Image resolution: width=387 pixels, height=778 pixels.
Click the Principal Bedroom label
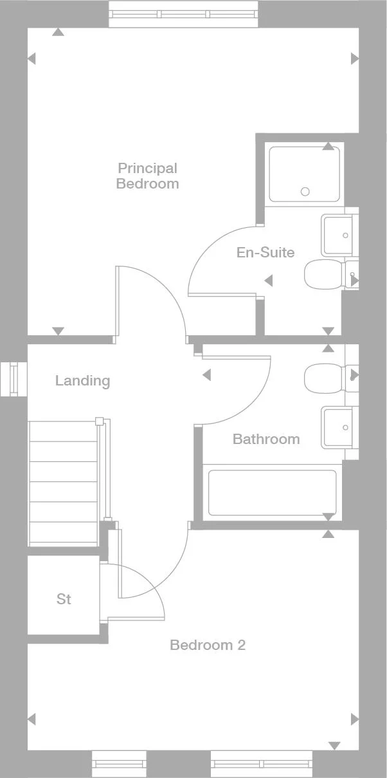[147, 176]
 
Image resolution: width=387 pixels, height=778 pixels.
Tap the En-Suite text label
[265, 252]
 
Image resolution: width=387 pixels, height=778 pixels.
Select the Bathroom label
[266, 439]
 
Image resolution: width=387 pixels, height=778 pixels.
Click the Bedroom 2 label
[208, 645]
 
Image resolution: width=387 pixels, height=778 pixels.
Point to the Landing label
[82, 381]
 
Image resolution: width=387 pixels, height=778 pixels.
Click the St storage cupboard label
[64, 599]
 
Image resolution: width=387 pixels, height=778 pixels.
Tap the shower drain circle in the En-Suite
[305, 192]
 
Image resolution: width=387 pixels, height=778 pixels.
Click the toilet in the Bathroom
[324, 378]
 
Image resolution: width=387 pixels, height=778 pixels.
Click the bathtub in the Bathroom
[272, 493]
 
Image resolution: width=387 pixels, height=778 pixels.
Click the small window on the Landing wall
[14, 379]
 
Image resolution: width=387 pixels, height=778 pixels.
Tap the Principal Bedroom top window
[183, 14]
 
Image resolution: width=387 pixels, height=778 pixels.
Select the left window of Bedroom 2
[119, 764]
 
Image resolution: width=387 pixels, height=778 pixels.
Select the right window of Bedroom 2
[262, 764]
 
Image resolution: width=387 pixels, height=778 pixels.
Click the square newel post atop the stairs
[99, 421]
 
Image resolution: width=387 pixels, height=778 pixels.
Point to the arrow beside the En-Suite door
[268, 281]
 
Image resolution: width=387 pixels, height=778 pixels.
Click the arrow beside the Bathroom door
[206, 375]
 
